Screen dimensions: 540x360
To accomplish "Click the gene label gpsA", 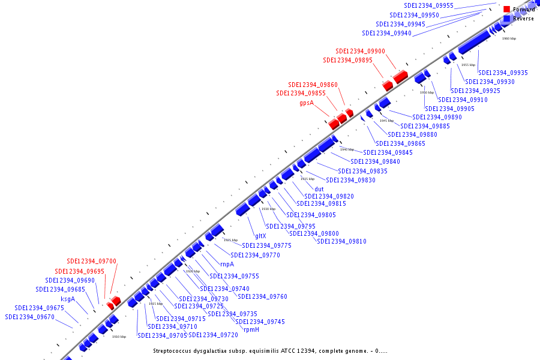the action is point(307,103).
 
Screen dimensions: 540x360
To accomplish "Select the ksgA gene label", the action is point(68,299).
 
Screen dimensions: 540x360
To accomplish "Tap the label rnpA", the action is point(227,264).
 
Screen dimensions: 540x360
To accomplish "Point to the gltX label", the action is point(260,236).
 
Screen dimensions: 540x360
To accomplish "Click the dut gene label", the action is point(319,189).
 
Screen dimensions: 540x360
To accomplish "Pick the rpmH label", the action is point(251,329).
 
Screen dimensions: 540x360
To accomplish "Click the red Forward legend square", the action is point(507,10).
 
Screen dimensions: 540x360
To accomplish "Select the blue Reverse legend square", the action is point(507,19).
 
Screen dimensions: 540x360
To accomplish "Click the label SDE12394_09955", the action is point(429,5).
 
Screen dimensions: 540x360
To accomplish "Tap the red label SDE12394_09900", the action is point(361,51).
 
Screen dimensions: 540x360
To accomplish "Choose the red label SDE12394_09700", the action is point(92,262).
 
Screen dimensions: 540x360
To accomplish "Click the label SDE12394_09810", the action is point(341,241).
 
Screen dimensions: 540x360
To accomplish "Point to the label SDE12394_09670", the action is point(30,317).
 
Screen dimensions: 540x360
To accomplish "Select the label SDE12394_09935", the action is point(503,73).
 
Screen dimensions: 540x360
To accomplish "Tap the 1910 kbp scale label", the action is point(119,337).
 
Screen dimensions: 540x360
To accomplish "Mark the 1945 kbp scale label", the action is point(386,121).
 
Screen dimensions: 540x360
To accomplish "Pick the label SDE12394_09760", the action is point(262,296).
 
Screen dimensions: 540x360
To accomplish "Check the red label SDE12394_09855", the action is point(301,93).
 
